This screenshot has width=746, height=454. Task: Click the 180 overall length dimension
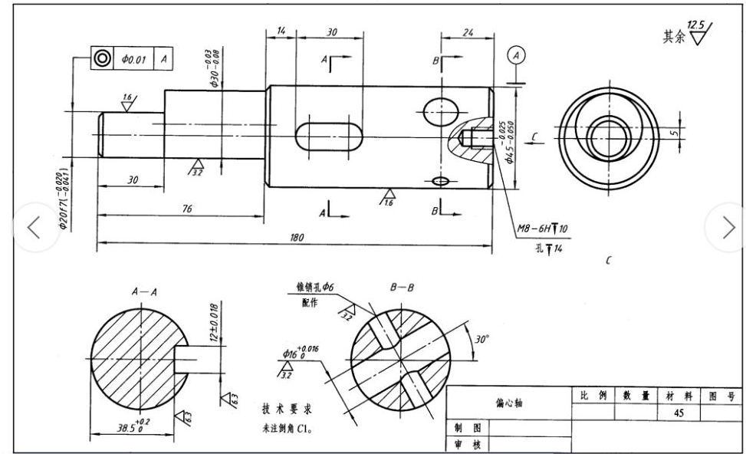296,238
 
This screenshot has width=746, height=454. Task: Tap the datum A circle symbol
518,55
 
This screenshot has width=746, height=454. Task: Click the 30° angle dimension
481,338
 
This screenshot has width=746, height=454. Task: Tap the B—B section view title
402,289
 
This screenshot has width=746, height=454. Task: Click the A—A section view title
144,292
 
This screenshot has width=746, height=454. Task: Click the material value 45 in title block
679,413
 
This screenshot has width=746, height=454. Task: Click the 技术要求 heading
288,408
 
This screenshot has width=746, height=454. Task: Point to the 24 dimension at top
467,32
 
